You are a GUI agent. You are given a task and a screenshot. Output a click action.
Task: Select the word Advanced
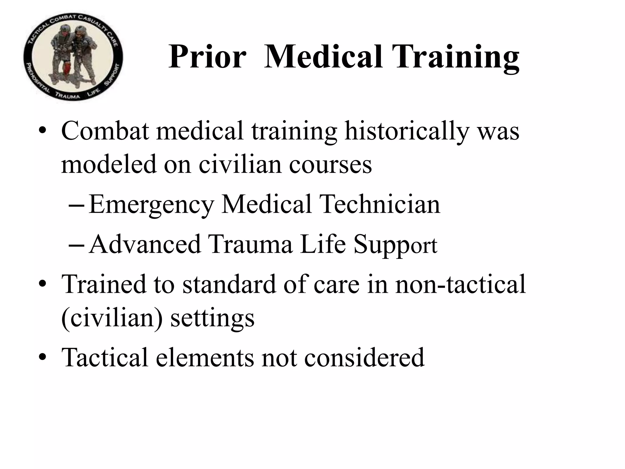click(x=145, y=244)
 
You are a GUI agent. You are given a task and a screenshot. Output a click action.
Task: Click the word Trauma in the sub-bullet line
click(x=250, y=244)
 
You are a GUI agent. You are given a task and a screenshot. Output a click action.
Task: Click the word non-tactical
click(x=461, y=284)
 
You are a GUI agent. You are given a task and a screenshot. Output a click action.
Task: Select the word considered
click(x=364, y=357)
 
